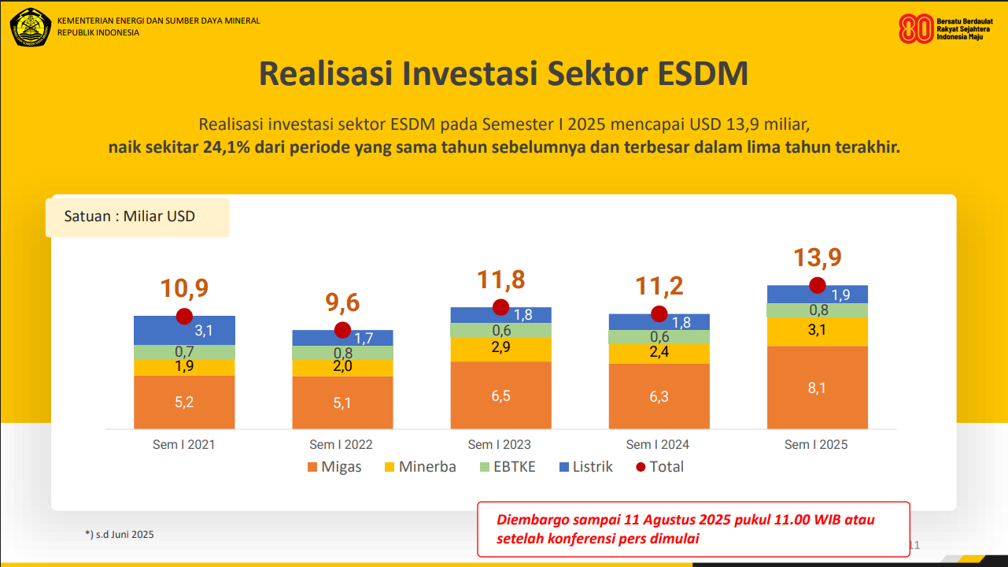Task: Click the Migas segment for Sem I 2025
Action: [818, 387]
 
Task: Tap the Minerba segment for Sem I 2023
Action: [500, 349]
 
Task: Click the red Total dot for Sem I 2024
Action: [659, 314]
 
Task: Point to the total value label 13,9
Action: [818, 258]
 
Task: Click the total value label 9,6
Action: [342, 302]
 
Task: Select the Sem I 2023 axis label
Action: [500, 444]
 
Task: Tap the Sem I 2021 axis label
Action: [184, 444]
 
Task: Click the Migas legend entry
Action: [334, 467]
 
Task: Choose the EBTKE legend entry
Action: [508, 467]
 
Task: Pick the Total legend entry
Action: [659, 467]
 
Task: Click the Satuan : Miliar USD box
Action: [138, 217]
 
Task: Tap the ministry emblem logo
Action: [31, 27]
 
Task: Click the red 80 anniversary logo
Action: [916, 28]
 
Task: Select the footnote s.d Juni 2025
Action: [120, 534]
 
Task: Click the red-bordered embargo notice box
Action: [693, 529]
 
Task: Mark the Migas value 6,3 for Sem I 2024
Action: [659, 397]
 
